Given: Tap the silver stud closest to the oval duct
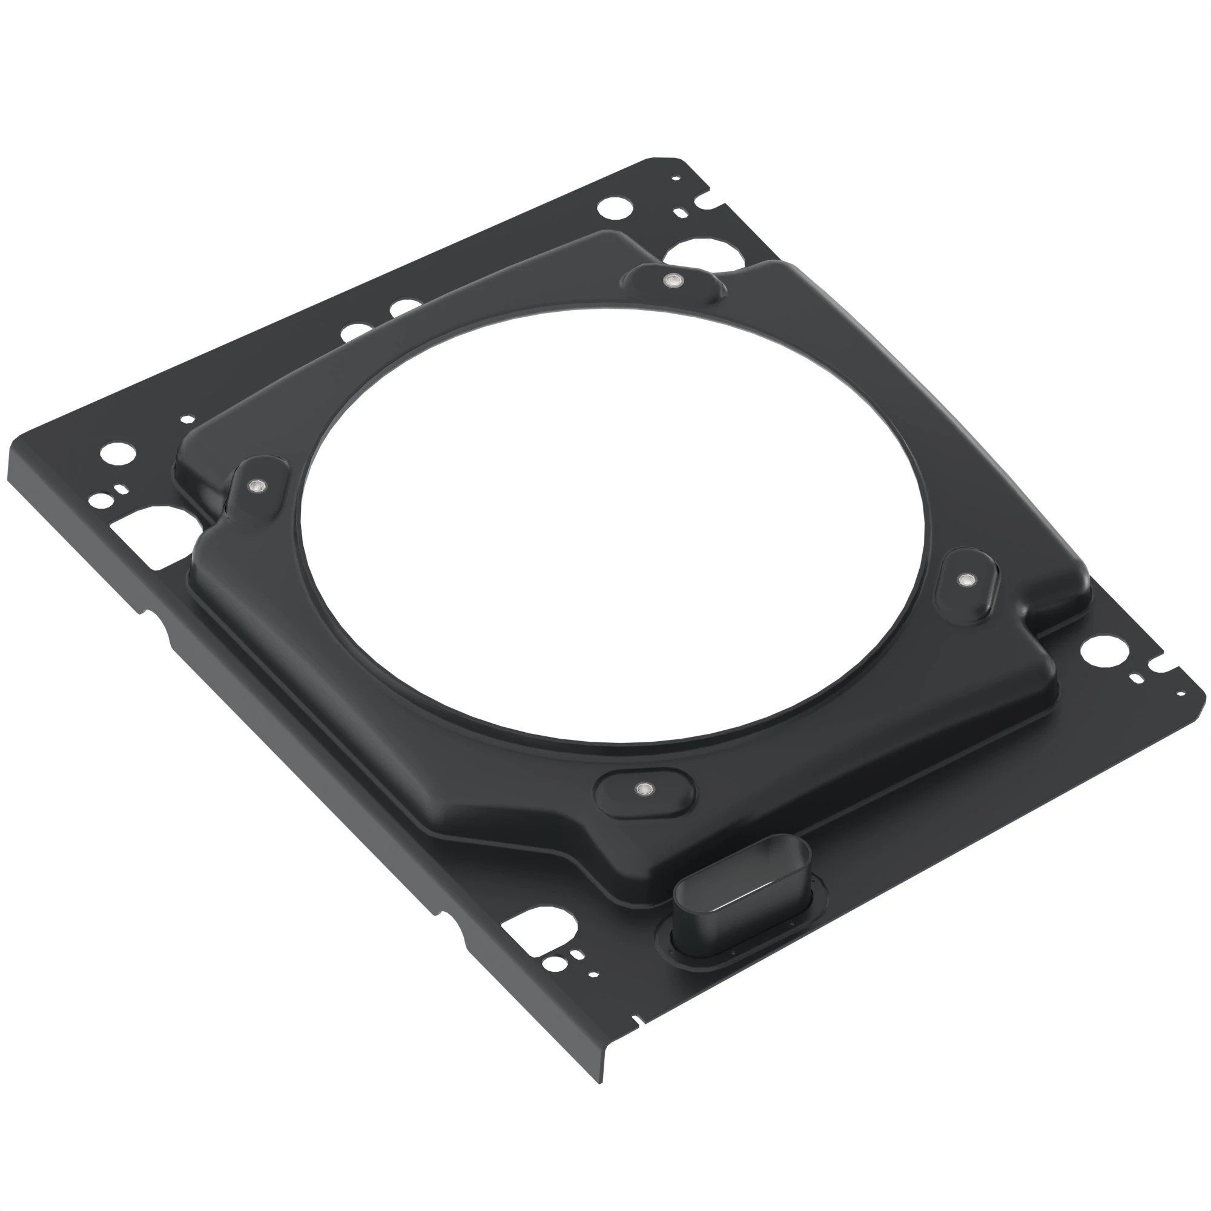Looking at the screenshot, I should pos(641,789).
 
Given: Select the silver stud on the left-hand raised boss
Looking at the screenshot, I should pos(256,486).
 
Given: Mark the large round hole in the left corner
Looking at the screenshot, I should pos(117,453).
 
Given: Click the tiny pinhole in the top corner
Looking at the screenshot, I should pos(676,179).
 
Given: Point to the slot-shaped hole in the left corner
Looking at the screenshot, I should pos(122,488).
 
